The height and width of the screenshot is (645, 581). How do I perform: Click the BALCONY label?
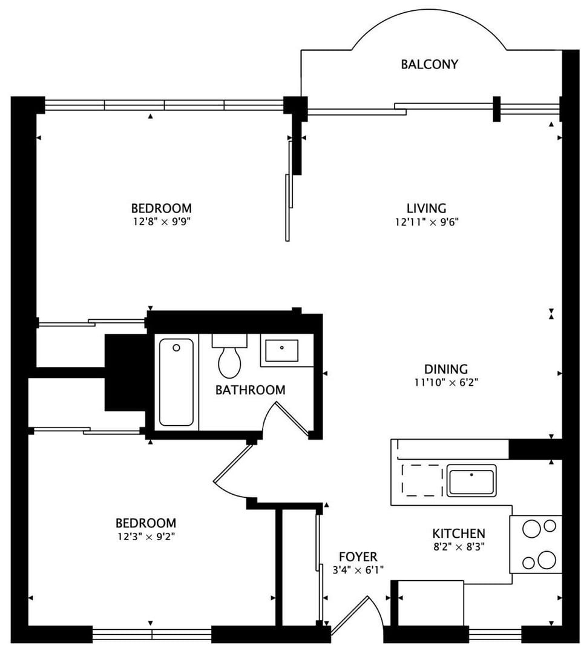point(429,64)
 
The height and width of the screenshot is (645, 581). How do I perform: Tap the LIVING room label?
point(426,208)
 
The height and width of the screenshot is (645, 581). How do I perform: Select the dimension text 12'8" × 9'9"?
point(162,222)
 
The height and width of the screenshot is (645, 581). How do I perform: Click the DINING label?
point(445,369)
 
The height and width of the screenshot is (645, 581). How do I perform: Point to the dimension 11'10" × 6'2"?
point(445,382)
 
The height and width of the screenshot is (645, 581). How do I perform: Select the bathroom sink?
point(281,351)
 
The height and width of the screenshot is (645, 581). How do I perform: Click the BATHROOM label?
point(250,390)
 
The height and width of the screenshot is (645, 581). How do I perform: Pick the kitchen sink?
point(471,480)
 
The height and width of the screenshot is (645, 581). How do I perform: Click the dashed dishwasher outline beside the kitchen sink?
point(422,480)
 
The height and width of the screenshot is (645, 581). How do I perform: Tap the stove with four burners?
point(536,544)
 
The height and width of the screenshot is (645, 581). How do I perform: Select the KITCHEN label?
point(458,534)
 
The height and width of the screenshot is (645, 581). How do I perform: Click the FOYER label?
point(358,557)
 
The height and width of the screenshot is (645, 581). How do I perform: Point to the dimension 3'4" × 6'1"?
point(358,570)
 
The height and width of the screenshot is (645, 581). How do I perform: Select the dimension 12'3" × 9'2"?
point(145,536)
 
